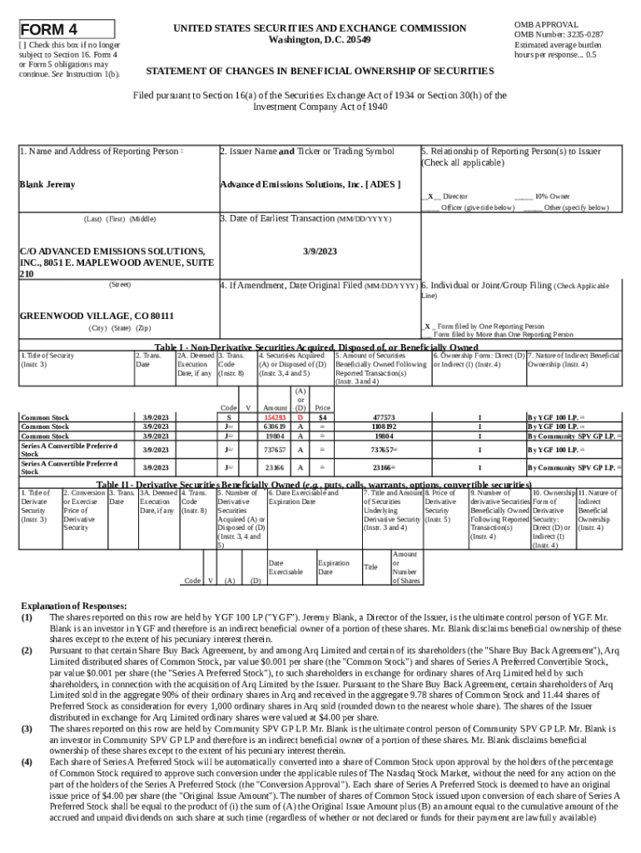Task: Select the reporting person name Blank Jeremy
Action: click(x=47, y=184)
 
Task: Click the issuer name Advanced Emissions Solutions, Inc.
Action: click(x=309, y=184)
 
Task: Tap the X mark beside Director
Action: click(x=430, y=197)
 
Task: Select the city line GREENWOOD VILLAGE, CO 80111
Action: click(x=97, y=316)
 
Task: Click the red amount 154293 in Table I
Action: click(x=274, y=417)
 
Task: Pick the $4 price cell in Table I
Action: click(x=321, y=417)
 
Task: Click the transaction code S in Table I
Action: click(x=229, y=417)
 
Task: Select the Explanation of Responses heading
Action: click(x=74, y=606)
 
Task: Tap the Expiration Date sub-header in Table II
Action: click(x=333, y=568)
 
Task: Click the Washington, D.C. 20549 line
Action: click(x=320, y=40)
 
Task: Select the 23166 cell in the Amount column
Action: click(x=274, y=468)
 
